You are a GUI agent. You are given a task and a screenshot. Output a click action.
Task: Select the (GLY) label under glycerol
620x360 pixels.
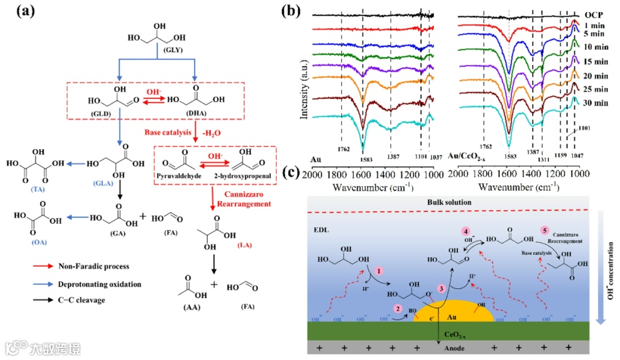click(172, 51)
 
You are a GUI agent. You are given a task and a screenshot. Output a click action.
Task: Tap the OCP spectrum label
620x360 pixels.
click(596, 15)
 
